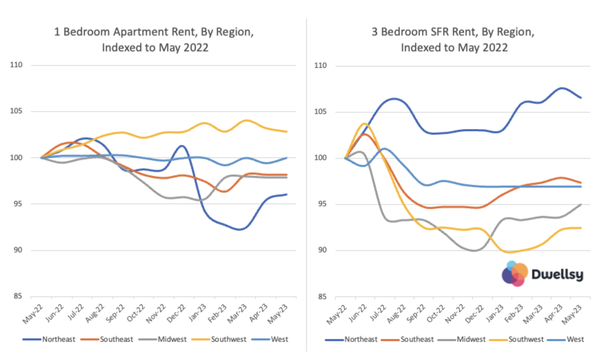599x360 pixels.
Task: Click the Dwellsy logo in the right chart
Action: coord(542,274)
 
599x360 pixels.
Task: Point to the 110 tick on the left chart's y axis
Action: coord(16,65)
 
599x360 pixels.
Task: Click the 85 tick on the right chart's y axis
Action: coord(322,296)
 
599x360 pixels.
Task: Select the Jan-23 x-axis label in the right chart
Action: coord(494,313)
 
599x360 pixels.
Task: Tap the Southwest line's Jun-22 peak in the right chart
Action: coord(365,123)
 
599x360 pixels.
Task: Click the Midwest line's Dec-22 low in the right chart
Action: coord(475,251)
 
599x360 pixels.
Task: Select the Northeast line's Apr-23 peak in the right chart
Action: coord(562,88)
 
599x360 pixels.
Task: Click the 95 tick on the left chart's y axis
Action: coord(18,204)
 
